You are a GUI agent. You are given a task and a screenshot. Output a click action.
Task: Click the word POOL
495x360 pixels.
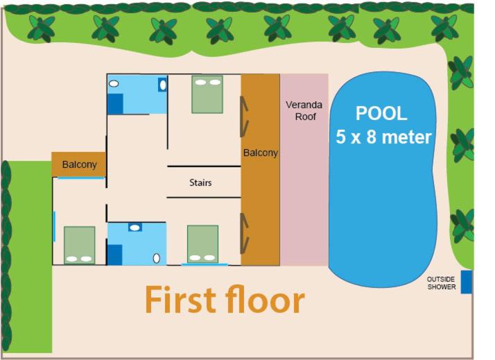coord(381,113)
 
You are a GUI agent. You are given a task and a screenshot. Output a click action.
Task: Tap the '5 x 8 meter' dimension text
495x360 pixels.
coord(383,137)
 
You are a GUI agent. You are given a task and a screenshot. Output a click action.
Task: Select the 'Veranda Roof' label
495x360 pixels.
coord(304,110)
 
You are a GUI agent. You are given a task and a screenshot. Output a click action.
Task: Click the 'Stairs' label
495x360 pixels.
coord(200,182)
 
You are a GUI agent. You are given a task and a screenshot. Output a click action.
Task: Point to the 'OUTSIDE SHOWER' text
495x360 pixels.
coord(442,283)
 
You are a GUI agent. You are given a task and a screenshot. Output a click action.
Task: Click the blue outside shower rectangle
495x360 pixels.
coord(467,282)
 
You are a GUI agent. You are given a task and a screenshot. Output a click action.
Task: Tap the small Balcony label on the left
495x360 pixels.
coord(79,164)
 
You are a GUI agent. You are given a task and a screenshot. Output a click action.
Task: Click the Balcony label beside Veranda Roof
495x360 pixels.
coord(261,153)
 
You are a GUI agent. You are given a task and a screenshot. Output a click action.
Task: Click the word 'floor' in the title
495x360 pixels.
coord(265,299)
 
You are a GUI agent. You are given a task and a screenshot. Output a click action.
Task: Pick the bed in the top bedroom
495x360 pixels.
coord(207,94)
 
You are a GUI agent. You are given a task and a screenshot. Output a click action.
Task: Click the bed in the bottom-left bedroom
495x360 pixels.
coord(80,245)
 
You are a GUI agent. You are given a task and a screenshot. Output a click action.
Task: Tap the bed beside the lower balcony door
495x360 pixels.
coord(202,244)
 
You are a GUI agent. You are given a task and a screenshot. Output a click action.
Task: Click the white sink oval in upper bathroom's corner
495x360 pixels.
coord(114,83)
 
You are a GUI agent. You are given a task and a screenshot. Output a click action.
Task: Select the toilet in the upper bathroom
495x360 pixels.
coord(163,85)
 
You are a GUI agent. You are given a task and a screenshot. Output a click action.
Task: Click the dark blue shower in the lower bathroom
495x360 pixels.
coord(115,255)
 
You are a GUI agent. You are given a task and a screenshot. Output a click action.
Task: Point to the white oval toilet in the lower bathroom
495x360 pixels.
coord(156,258)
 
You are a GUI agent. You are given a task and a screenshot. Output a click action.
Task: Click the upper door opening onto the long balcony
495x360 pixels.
coord(244,117)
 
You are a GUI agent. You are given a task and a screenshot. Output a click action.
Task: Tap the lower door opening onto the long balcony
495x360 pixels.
coord(244,233)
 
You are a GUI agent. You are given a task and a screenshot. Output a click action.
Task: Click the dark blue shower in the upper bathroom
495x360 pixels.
coord(116,104)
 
